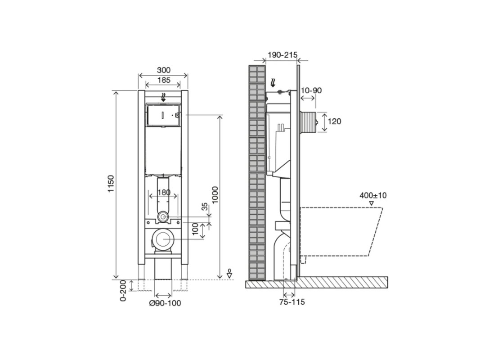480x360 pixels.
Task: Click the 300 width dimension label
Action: click(x=164, y=70)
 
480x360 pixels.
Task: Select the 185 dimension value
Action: click(x=164, y=80)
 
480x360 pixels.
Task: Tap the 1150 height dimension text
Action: click(x=111, y=184)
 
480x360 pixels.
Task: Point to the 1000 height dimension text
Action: click(x=215, y=195)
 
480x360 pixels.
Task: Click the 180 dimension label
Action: click(x=164, y=193)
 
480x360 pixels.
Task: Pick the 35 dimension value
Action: click(x=205, y=207)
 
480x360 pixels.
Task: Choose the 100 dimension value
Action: click(x=195, y=229)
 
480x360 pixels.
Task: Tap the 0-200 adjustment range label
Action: click(x=123, y=291)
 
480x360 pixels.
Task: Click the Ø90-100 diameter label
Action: click(x=165, y=303)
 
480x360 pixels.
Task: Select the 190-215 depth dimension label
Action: click(x=282, y=55)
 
